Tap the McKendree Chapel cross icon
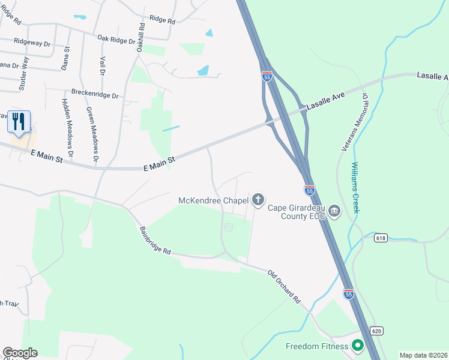pyautogui.click(x=258, y=200)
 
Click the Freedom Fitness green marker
pyautogui.click(x=358, y=346)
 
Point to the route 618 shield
pyautogui.click(x=380, y=238)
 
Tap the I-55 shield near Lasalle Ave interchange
pyautogui.click(x=267, y=76)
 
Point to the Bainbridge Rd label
pyautogui.click(x=155, y=241)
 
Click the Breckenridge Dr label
pyautogui.click(x=95, y=94)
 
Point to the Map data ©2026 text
pyautogui.click(x=423, y=355)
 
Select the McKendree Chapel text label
pyautogui.click(x=214, y=200)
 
